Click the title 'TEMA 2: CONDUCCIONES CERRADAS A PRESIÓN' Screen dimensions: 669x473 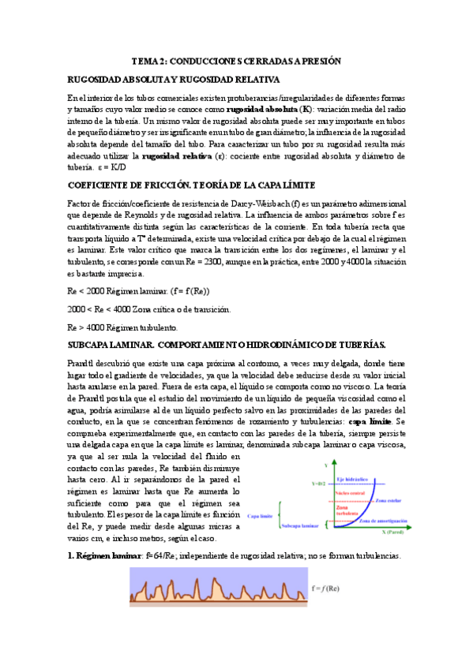coord(236,60)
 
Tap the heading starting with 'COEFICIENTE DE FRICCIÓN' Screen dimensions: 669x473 coord(191,185)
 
